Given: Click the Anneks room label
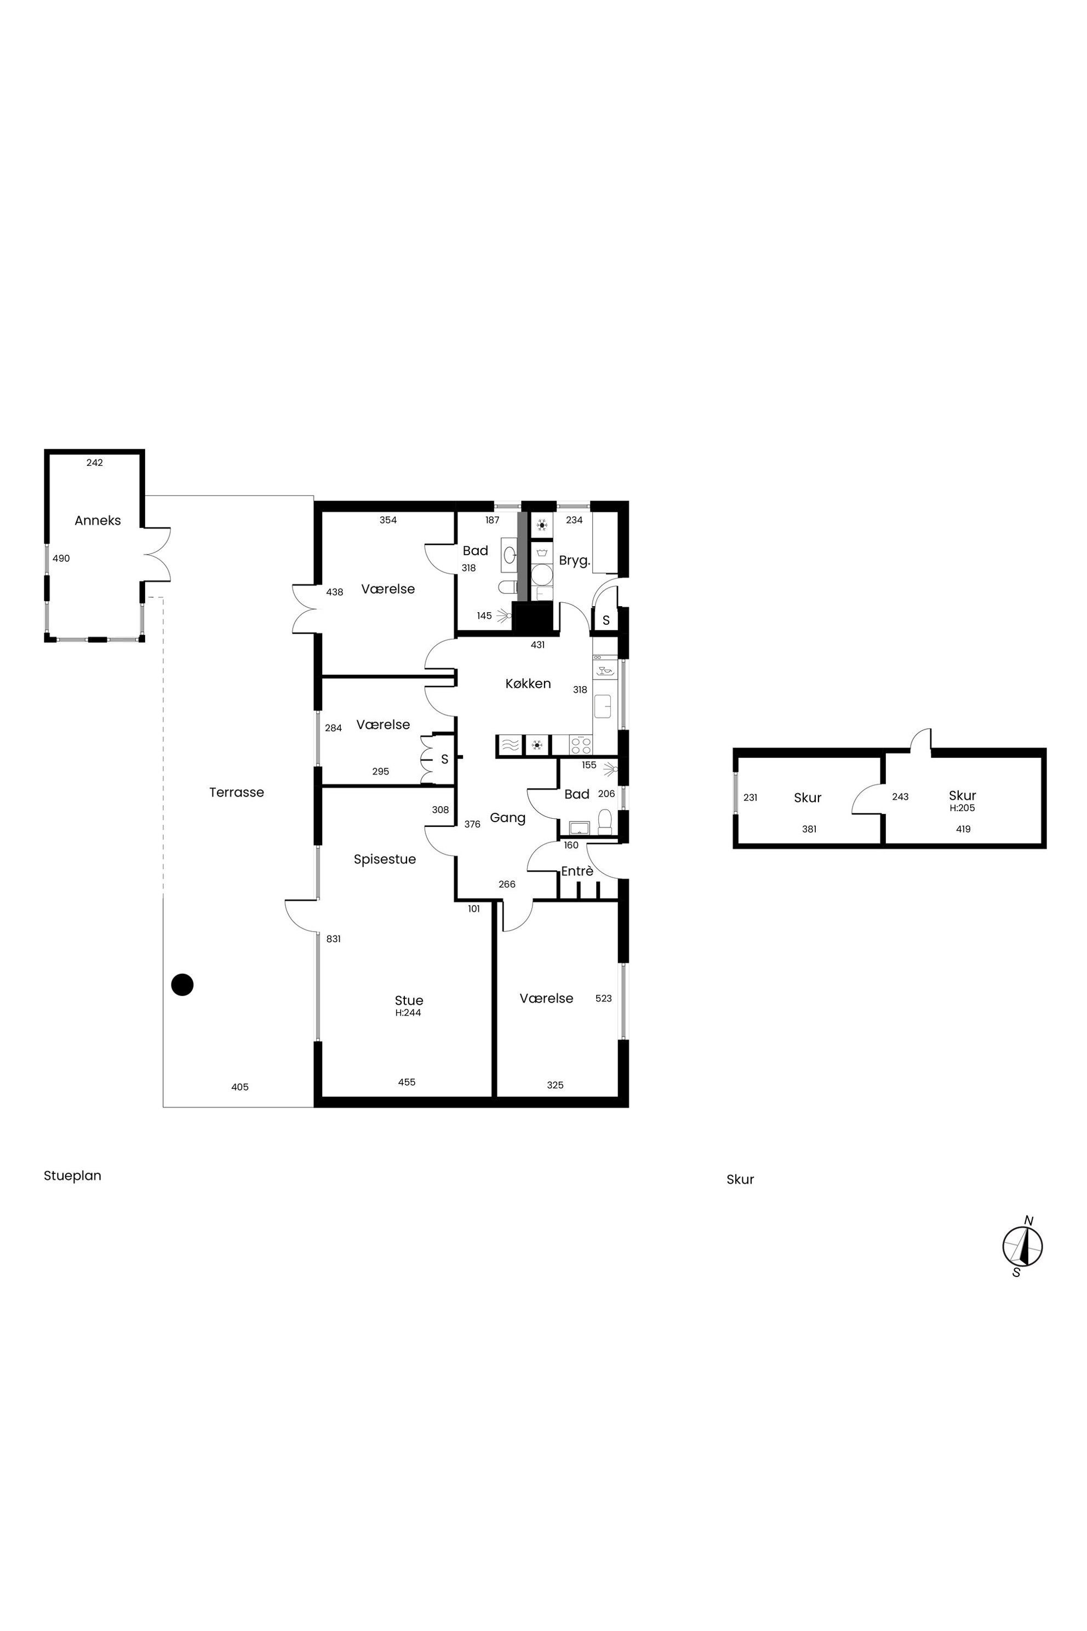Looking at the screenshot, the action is click(98, 520).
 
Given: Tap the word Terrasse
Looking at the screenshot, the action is click(236, 792).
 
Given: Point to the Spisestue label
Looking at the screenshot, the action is click(385, 859).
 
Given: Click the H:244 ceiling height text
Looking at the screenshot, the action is click(408, 1012).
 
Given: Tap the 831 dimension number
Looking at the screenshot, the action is click(334, 939).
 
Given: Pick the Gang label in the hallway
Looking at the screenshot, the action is click(507, 818).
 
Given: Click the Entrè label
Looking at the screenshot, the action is click(577, 871).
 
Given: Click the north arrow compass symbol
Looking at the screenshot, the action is click(1022, 1246).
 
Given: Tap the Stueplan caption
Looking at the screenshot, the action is click(72, 1176).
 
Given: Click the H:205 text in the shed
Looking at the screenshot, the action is click(962, 808).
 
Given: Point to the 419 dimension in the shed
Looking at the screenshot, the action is click(963, 829).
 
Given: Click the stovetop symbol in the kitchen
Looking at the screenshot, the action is click(581, 745).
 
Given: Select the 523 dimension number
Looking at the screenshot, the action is click(604, 998).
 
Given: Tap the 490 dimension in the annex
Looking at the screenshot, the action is click(61, 558).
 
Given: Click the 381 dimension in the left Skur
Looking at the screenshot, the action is click(809, 829).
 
